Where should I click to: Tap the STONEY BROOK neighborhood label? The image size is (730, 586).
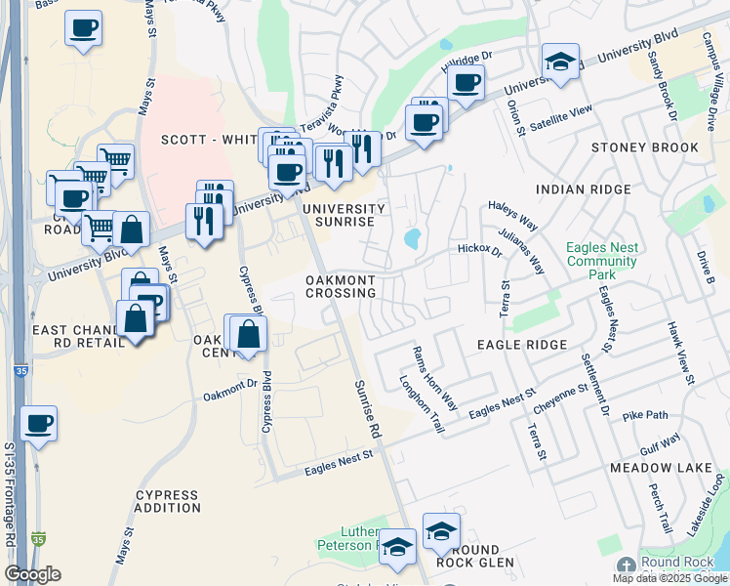tap(645, 147)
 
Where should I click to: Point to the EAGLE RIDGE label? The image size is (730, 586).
tap(521, 346)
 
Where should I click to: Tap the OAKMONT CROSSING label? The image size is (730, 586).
tap(341, 286)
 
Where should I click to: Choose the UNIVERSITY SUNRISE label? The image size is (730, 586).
tap(344, 215)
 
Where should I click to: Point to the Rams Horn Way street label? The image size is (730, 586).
tap(434, 377)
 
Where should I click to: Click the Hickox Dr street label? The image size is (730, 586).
tap(479, 250)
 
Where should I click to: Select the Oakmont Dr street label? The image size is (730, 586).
tap(230, 390)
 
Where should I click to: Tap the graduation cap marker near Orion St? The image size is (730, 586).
tap(560, 61)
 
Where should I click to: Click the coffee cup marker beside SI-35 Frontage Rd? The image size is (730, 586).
tap(38, 424)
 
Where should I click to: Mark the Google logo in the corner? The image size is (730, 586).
tap(32, 574)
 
